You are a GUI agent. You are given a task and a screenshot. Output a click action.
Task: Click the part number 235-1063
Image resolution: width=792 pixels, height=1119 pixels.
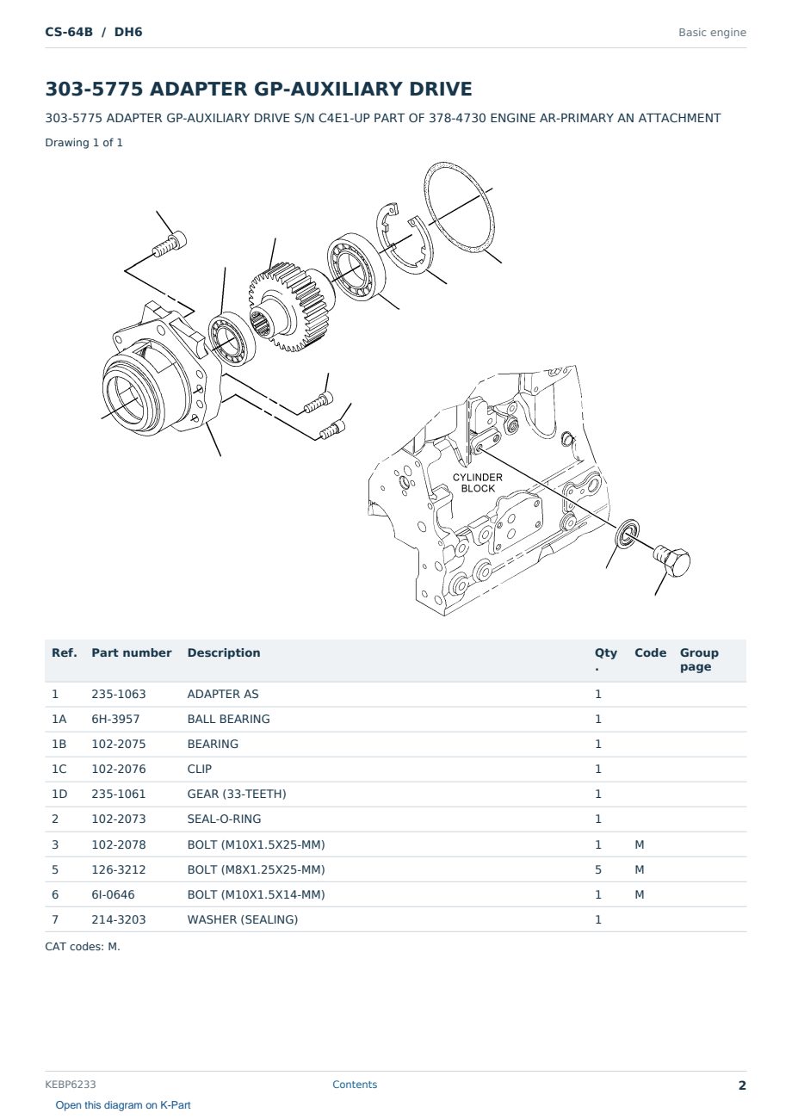click(119, 694)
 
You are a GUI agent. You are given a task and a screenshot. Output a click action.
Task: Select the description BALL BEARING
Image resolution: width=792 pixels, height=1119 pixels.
click(228, 719)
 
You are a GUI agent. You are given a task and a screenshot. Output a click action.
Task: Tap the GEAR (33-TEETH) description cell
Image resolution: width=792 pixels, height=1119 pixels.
click(237, 794)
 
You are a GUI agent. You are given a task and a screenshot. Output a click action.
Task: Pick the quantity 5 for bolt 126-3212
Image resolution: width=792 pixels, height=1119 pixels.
click(598, 869)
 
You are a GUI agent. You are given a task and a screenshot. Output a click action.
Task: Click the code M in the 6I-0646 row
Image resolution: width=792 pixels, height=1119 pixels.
click(639, 894)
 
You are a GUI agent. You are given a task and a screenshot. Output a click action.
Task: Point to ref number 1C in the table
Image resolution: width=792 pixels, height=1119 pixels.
click(59, 769)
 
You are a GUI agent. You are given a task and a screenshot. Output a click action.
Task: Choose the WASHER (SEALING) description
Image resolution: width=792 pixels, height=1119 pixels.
click(243, 919)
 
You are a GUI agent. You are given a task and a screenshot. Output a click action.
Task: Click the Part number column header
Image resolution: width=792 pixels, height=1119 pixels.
click(132, 653)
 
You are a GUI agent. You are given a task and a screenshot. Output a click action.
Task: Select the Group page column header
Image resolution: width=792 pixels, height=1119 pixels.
click(699, 659)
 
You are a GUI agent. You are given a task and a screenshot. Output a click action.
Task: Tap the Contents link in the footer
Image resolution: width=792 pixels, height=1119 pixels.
click(355, 1085)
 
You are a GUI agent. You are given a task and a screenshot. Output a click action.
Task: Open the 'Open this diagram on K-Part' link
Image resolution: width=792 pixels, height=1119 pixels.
click(123, 1105)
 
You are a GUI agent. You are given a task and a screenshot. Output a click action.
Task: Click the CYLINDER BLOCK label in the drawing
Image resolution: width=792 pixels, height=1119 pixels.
click(477, 483)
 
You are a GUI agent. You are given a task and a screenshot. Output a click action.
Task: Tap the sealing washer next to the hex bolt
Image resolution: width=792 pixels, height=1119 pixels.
click(627, 534)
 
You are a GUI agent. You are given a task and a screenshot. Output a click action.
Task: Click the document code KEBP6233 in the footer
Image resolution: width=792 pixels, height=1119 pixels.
click(71, 1085)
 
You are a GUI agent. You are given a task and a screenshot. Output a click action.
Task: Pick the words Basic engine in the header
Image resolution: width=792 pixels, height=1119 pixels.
click(712, 33)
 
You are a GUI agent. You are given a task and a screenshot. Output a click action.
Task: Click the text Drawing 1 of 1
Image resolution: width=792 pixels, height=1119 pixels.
click(84, 143)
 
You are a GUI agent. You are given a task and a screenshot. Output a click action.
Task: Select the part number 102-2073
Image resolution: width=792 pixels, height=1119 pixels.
click(119, 819)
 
